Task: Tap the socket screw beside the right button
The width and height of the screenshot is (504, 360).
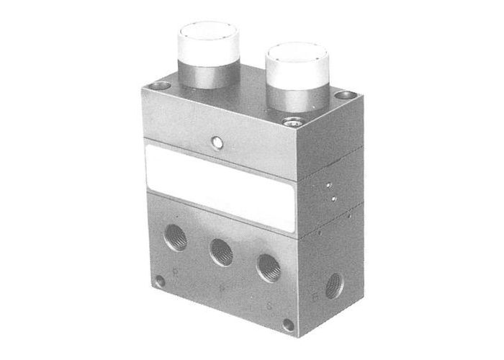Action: (x=291, y=120)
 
